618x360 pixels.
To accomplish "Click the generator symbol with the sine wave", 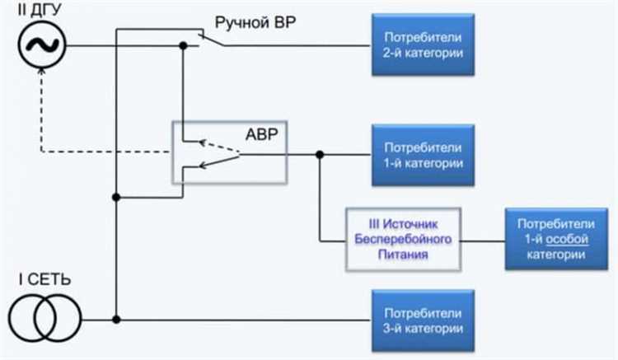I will tap(40, 44).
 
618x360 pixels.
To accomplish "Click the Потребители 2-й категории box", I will tap(423, 44).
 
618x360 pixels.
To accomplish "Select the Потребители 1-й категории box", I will tap(423, 155).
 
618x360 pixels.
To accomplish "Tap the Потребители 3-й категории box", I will tap(423, 320).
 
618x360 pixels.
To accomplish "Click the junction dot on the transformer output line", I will tap(118, 320).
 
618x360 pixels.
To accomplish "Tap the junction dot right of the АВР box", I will tap(319, 154).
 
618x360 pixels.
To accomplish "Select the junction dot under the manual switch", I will tap(183, 45).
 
